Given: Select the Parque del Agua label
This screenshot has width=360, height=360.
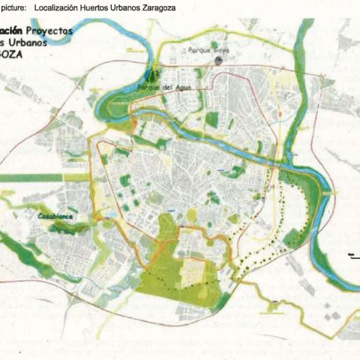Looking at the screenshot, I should point(164,87).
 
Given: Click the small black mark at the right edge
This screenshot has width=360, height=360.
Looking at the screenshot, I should point(351,255).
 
